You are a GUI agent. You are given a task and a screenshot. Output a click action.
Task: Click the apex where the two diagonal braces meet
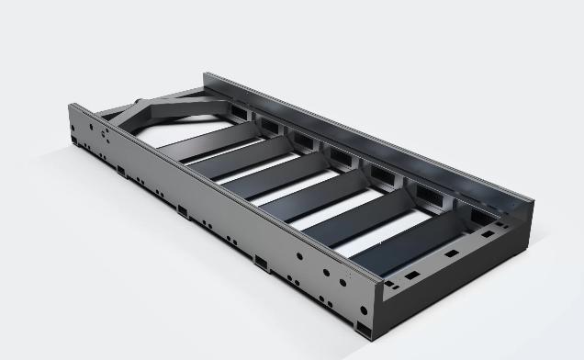141,103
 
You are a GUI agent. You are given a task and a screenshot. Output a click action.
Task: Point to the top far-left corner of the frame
71,104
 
